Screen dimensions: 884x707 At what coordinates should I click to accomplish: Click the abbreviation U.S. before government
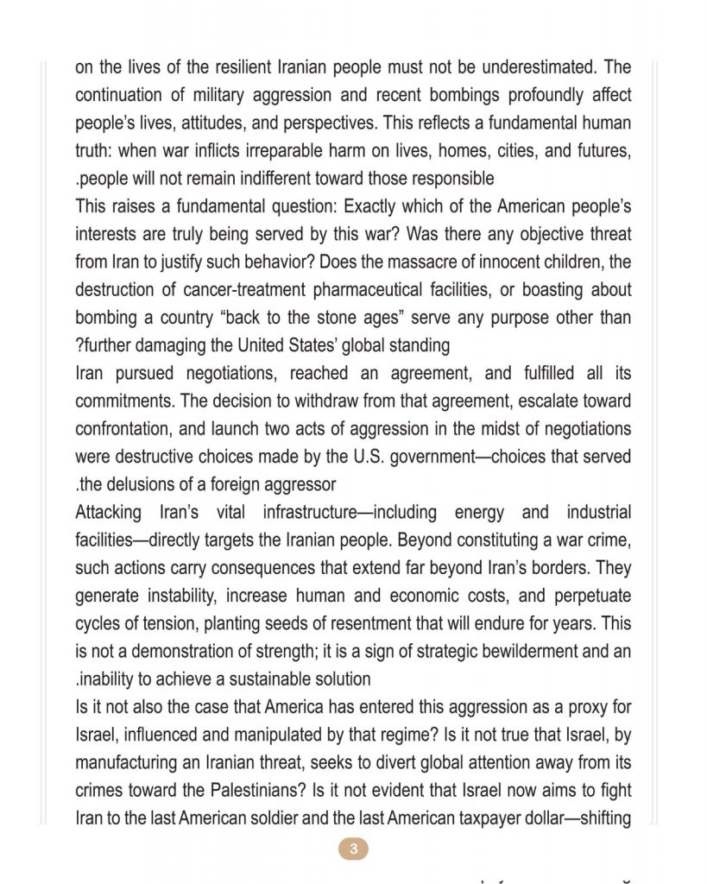[x=365, y=457]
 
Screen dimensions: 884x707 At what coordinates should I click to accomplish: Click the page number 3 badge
[x=353, y=849]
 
